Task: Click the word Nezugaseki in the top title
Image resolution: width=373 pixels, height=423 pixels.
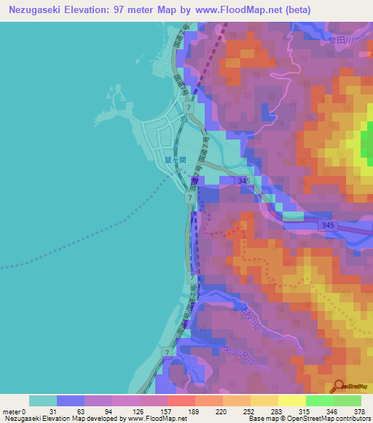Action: [38, 10]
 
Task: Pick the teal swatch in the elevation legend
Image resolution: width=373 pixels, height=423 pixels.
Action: [42, 400]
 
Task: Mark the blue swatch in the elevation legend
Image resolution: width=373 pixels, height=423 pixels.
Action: [70, 400]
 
